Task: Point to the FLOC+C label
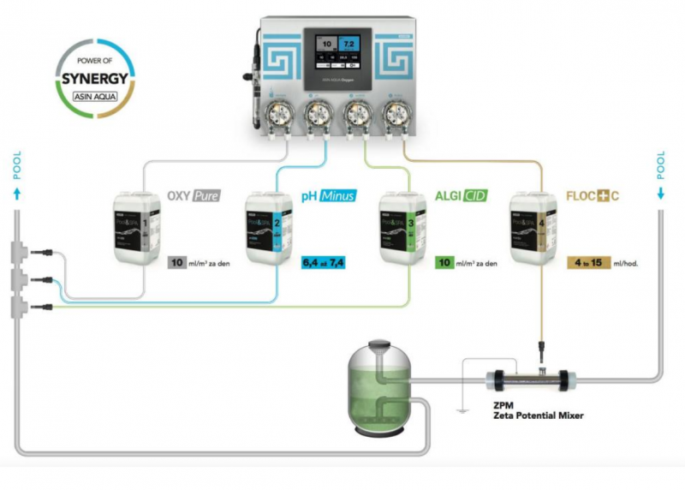pyautogui.click(x=592, y=196)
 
